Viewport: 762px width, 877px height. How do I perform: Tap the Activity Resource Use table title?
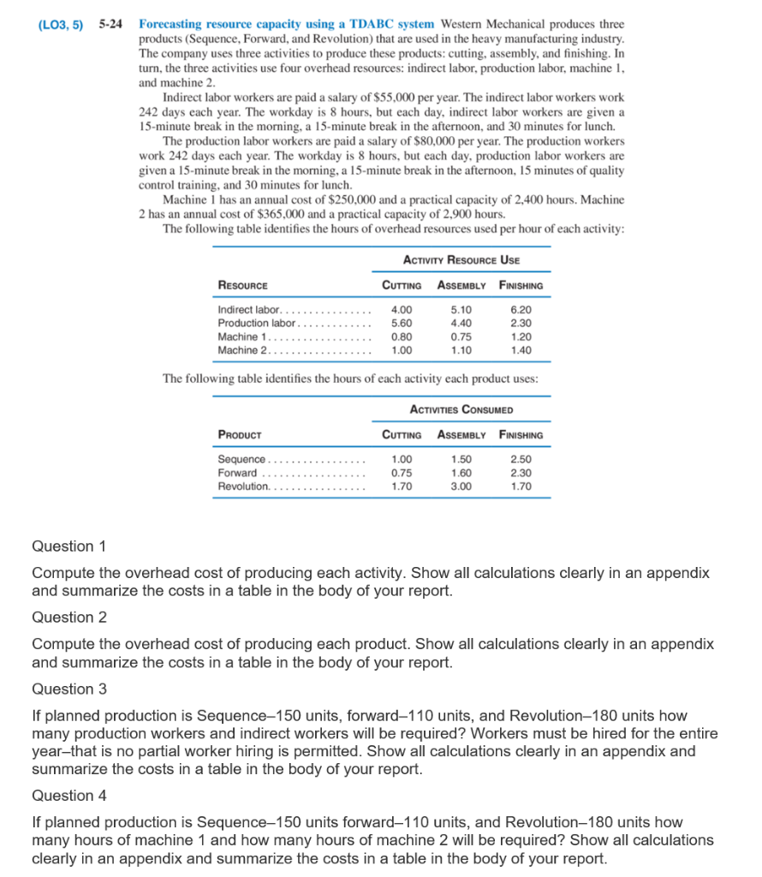461,260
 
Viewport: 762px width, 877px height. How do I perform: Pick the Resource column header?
243,285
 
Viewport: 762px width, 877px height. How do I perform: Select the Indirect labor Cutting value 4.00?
401,310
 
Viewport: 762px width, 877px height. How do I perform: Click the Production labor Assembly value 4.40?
461,323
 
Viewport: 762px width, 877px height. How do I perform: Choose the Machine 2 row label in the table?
243,349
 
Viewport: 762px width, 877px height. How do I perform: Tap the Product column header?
240,435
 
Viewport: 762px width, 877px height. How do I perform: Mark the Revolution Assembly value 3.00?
461,486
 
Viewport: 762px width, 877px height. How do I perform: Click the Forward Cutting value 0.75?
401,473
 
